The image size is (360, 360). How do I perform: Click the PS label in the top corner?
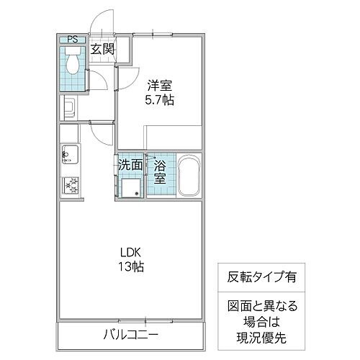[73, 40]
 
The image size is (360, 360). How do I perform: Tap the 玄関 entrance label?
[102, 49]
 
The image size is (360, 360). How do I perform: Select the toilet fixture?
[73, 66]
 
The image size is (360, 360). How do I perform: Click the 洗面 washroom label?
[130, 163]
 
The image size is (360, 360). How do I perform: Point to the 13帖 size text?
[130, 267]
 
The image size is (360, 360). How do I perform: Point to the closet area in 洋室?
[173, 137]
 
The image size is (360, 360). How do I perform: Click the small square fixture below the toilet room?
[70, 109]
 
